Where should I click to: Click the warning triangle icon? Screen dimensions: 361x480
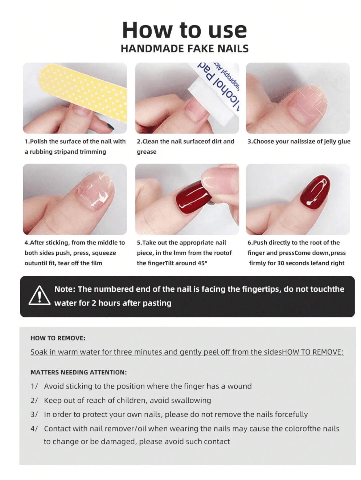[x=39, y=296]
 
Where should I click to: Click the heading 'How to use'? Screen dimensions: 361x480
[x=185, y=30]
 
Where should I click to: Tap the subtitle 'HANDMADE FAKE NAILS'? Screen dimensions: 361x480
[x=185, y=49]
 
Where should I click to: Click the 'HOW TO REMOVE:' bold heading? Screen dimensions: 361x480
[x=58, y=338]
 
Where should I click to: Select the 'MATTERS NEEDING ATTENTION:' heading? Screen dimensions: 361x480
[x=78, y=372]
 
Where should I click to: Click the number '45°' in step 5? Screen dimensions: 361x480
[x=202, y=263]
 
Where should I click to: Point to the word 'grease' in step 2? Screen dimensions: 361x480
[x=147, y=152]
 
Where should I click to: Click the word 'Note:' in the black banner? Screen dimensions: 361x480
[x=65, y=289]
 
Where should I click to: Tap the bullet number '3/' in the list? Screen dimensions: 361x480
[x=34, y=414]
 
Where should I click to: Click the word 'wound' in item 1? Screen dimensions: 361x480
[x=239, y=386]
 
